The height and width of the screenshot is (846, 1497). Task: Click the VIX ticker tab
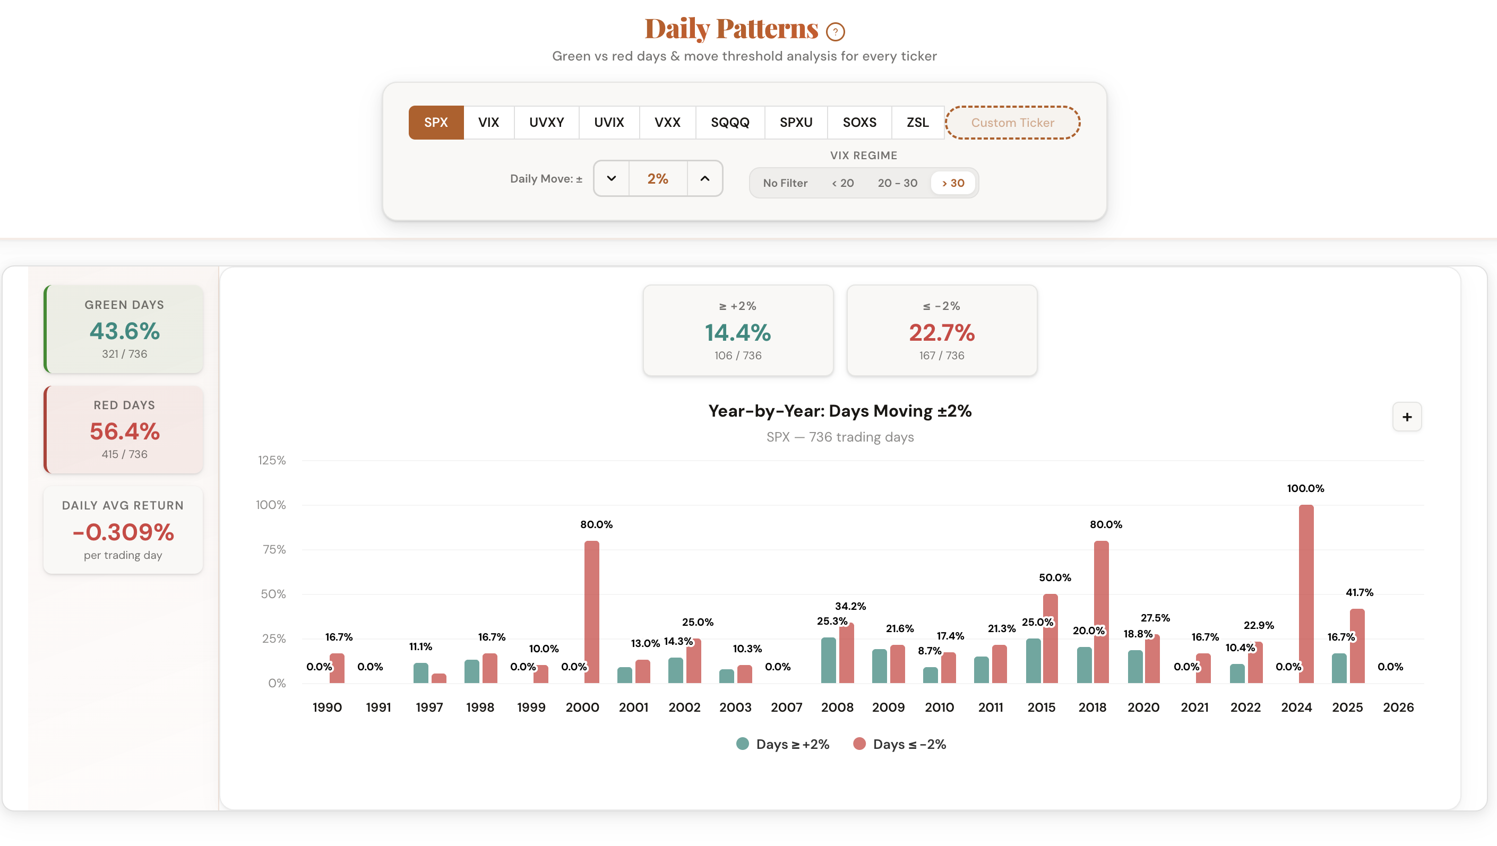[488, 123]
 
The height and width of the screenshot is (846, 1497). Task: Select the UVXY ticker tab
[546, 123]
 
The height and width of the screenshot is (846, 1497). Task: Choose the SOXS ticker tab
[859, 123]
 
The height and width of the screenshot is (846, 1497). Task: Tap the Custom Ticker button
[1012, 123]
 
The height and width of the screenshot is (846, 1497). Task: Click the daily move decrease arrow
[612, 178]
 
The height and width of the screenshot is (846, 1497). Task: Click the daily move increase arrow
[704, 178]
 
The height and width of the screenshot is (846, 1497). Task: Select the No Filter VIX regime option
[785, 183]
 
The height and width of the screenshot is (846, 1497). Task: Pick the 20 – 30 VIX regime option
[897, 183]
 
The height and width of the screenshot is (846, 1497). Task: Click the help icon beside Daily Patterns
[835, 32]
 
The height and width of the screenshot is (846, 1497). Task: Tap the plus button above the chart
[1407, 417]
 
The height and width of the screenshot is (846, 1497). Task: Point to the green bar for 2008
[828, 660]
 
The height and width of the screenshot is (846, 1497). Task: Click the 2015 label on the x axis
[1041, 707]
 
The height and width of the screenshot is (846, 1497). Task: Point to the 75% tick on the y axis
[274, 550]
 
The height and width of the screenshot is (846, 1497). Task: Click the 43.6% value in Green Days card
[124, 331]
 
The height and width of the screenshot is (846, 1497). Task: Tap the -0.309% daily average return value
[123, 532]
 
